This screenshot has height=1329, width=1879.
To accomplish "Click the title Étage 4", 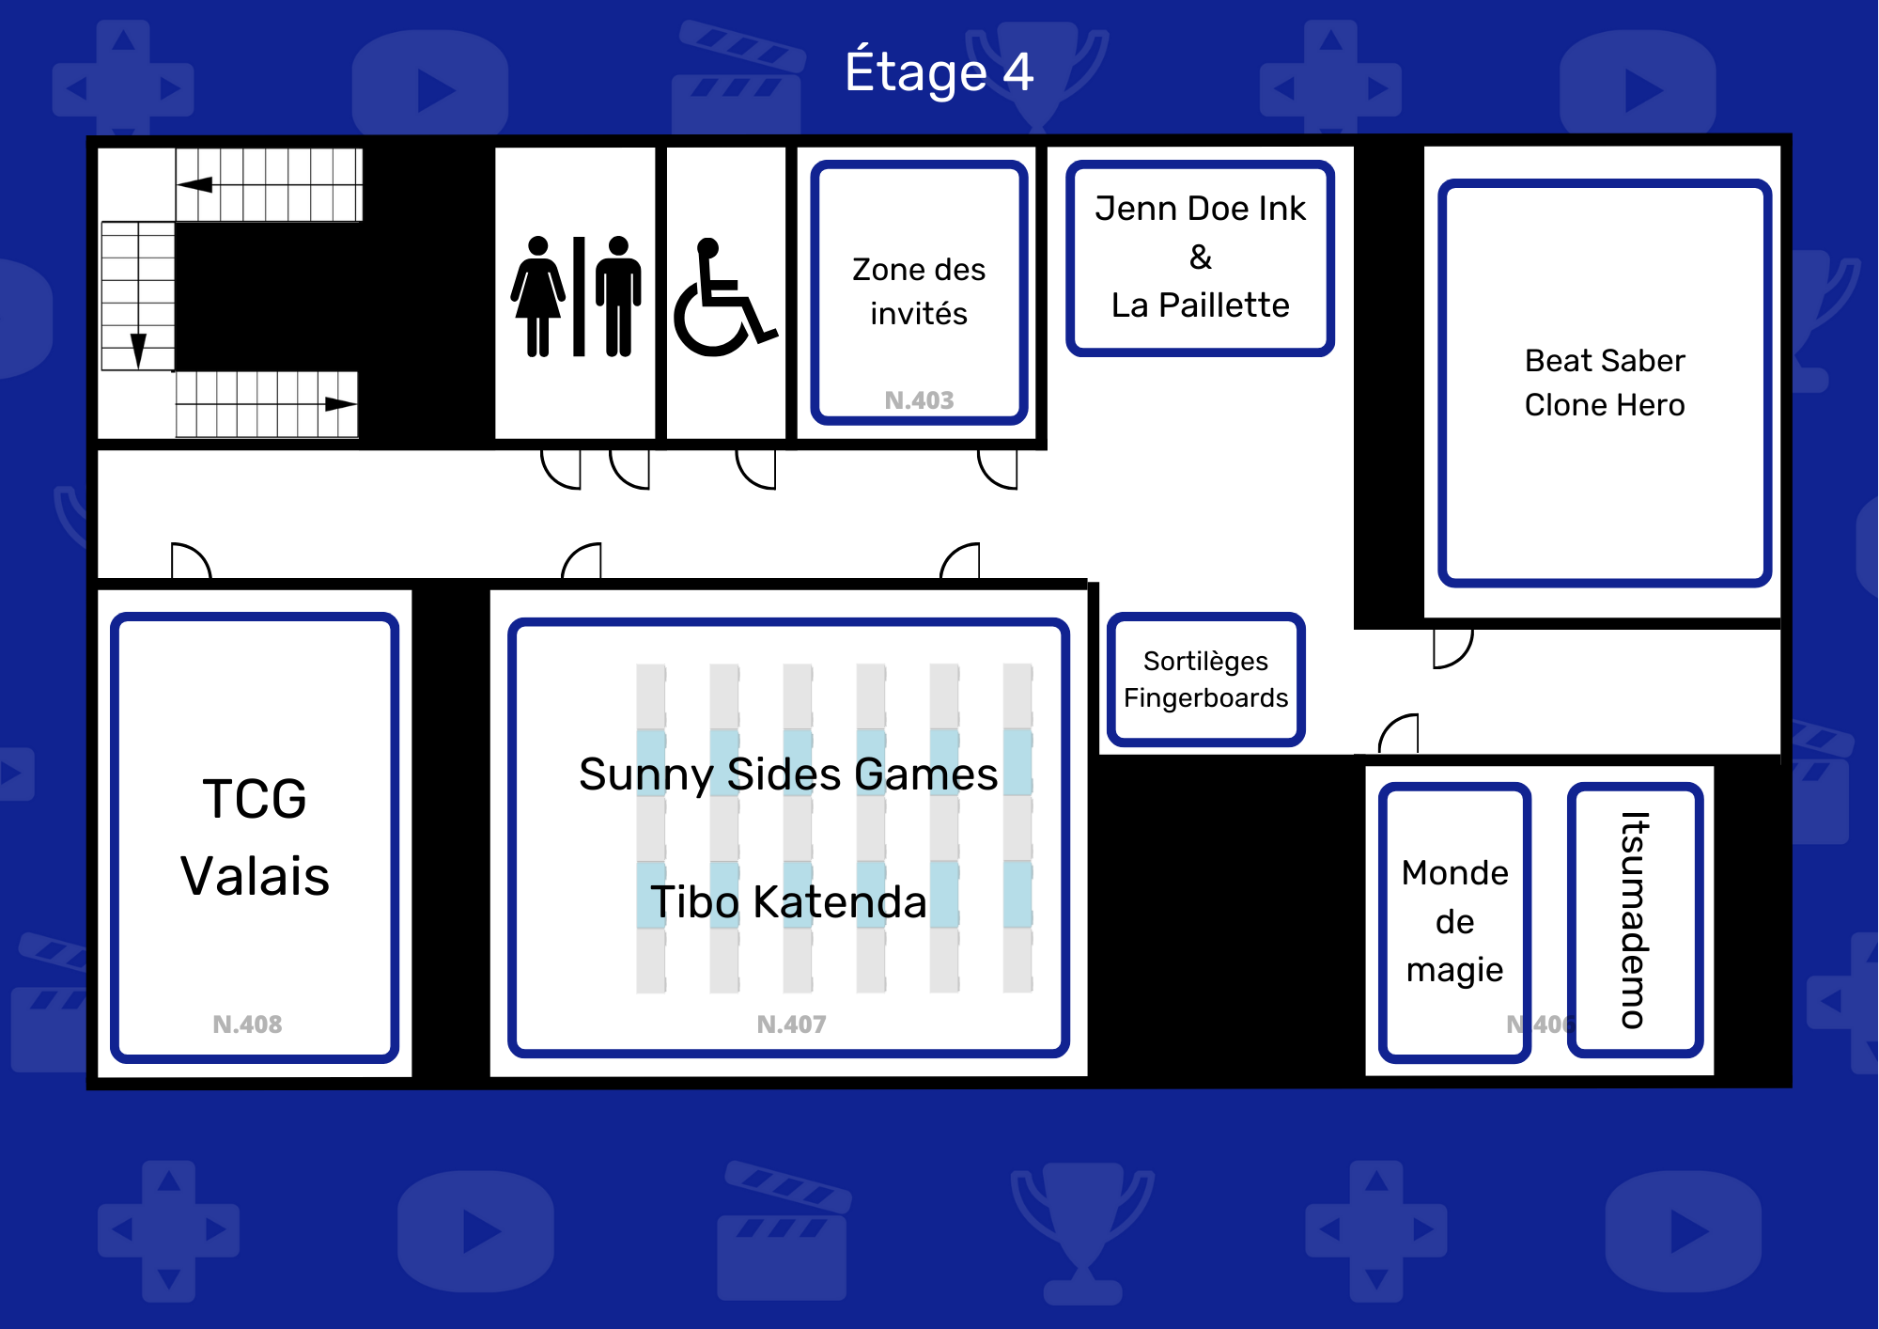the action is click(x=939, y=71).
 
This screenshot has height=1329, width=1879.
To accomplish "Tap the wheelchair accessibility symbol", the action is click(x=723, y=298).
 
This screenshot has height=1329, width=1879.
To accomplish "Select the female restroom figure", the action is click(x=538, y=296).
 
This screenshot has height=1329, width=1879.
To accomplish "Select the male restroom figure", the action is click(x=618, y=296).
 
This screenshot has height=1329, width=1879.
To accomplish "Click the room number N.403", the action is click(x=919, y=400).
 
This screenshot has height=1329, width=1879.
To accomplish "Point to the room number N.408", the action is click(x=247, y=1024).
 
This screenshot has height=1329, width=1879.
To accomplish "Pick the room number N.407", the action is click(x=791, y=1024).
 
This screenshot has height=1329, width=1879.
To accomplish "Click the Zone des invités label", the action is click(x=919, y=291).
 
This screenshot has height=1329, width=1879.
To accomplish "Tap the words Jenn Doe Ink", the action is click(x=1200, y=209).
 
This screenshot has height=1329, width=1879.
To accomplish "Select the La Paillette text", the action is click(x=1200, y=305).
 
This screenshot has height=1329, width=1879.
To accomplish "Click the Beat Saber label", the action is click(x=1605, y=361).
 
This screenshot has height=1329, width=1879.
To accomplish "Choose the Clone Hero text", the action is click(x=1605, y=405).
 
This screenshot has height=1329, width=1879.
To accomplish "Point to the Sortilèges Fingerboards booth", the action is click(x=1206, y=680).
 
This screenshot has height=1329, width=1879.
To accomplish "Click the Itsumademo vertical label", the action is click(x=1635, y=920).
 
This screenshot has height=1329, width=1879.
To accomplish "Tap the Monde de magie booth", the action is click(x=1455, y=922).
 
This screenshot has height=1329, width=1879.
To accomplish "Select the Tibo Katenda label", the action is click(x=788, y=902).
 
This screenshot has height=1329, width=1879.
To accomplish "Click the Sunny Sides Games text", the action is click(x=788, y=774).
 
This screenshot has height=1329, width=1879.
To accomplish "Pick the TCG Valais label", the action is click(x=255, y=837).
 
